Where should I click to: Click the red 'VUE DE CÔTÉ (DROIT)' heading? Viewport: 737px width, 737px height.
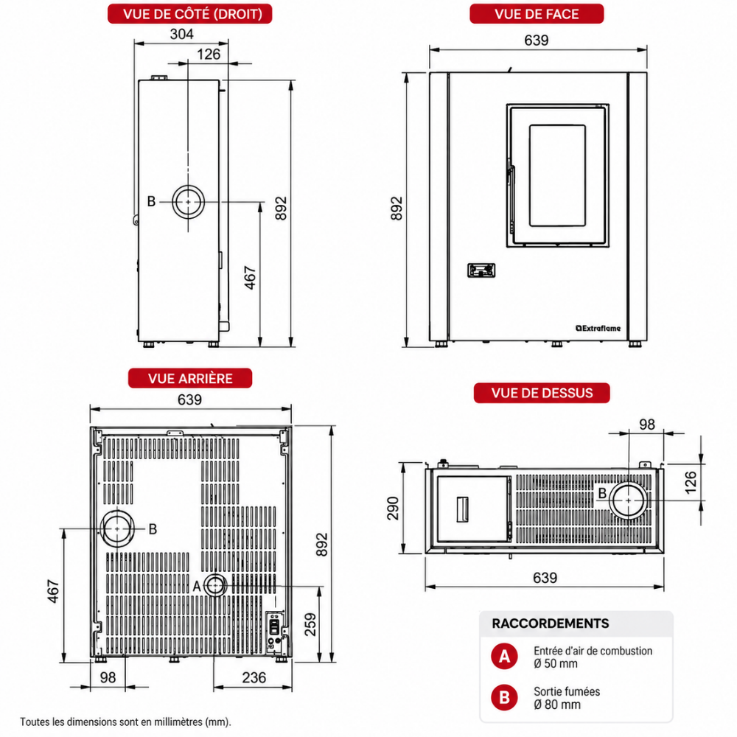pos(190,13)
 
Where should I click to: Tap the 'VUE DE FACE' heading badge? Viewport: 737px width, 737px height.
pos(537,13)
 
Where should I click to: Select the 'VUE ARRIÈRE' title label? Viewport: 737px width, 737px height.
pos(190,378)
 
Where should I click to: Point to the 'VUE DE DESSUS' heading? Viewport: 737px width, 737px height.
pos(542,393)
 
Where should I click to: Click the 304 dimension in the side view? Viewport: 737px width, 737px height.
pos(181,35)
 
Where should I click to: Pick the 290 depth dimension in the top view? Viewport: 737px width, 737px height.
pos(393,508)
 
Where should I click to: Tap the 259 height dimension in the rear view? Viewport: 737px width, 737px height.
pos(310,624)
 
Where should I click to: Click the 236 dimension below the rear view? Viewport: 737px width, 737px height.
pos(254,677)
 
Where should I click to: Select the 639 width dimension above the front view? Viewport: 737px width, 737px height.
pos(537,41)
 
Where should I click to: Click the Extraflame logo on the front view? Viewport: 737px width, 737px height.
pos(598,328)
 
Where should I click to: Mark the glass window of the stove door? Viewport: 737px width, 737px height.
pos(557,176)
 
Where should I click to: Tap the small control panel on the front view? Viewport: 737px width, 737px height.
pos(481,270)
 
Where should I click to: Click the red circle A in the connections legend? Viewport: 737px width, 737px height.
pos(504,656)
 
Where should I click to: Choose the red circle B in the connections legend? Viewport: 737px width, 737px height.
pos(504,697)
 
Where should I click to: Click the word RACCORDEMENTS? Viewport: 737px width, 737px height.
pos(551,624)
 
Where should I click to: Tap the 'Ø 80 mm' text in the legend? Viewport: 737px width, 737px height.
pos(557,705)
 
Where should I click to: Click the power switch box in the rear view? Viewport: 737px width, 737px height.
pos(274,627)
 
